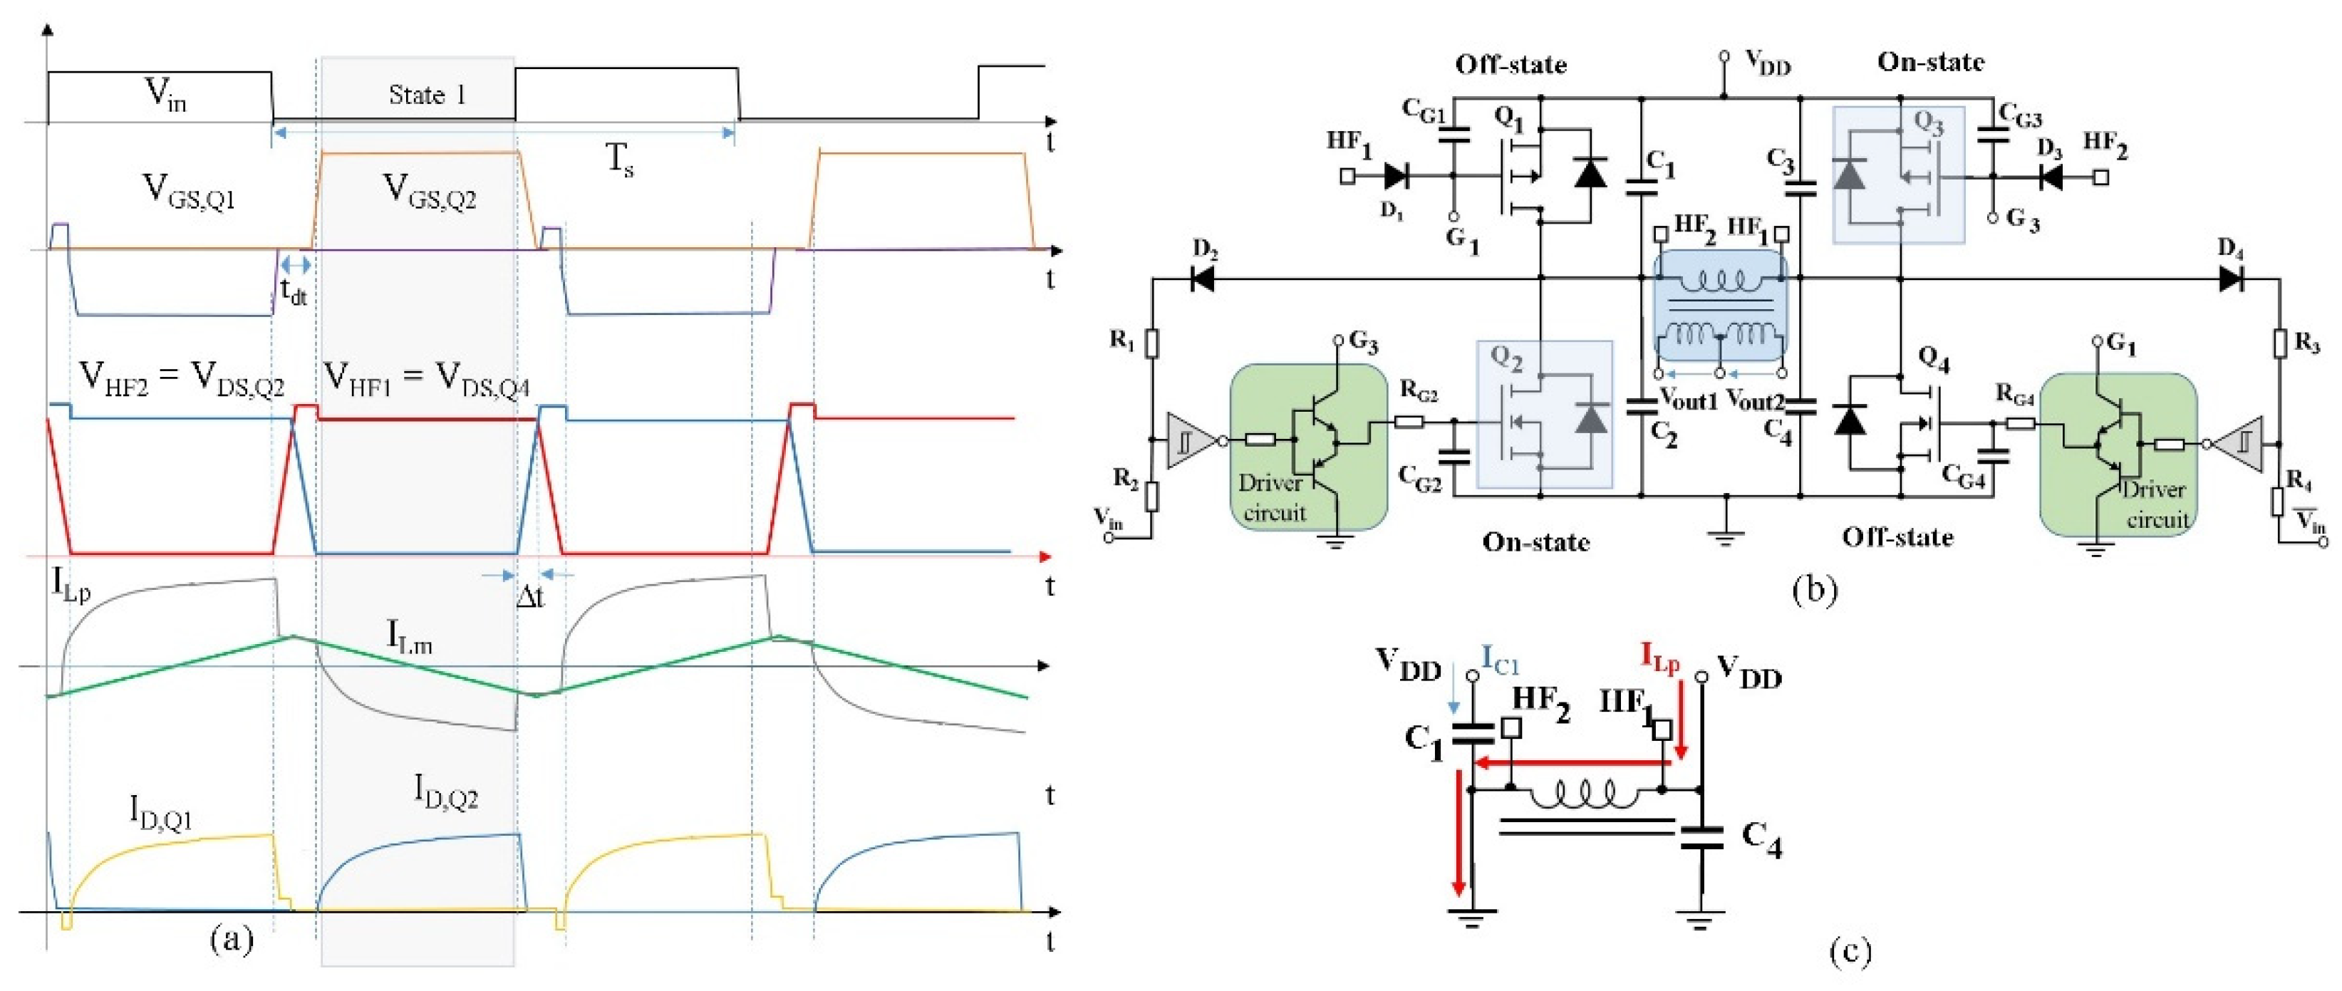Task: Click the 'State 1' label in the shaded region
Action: pos(428,95)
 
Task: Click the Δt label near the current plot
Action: pos(530,597)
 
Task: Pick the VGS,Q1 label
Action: pos(190,192)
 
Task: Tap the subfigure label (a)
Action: pos(231,938)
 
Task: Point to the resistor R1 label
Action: pos(1123,340)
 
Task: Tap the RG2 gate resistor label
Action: pos(1419,391)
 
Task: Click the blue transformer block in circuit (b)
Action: pos(1720,309)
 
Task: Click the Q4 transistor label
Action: pos(1933,361)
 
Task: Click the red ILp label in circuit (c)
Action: pos(1660,658)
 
